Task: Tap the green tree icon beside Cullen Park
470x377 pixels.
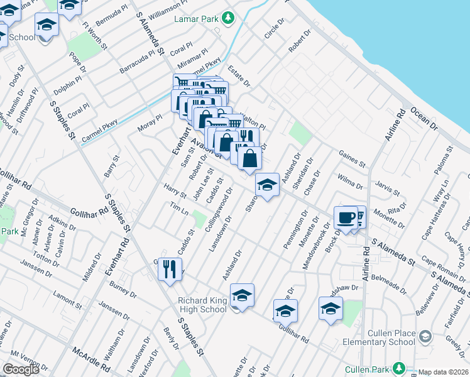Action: tap(398, 367)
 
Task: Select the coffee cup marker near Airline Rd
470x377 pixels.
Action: tap(345, 217)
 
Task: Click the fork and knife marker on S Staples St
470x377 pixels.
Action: tap(169, 270)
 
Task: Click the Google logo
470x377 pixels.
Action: tap(21, 369)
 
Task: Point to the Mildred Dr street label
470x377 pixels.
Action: tap(91, 268)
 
